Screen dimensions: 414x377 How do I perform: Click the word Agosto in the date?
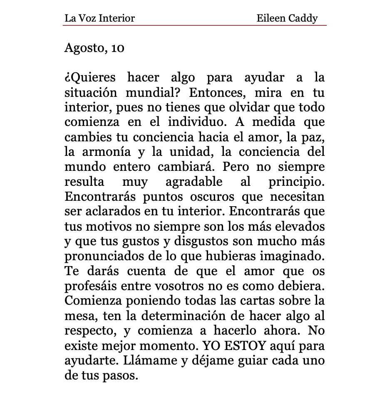82,48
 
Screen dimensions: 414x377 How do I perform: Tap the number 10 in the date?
118,48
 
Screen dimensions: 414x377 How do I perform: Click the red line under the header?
195,25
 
